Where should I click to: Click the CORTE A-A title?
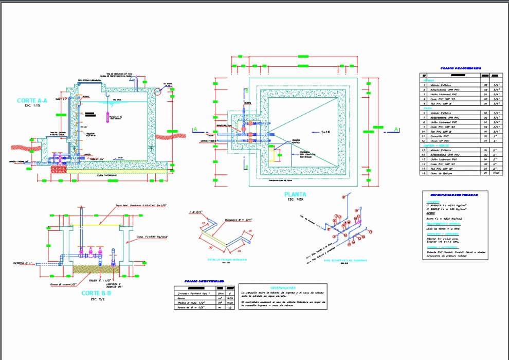[x=32, y=100]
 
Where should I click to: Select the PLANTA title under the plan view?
[x=295, y=194]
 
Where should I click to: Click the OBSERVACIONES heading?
[x=282, y=287]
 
